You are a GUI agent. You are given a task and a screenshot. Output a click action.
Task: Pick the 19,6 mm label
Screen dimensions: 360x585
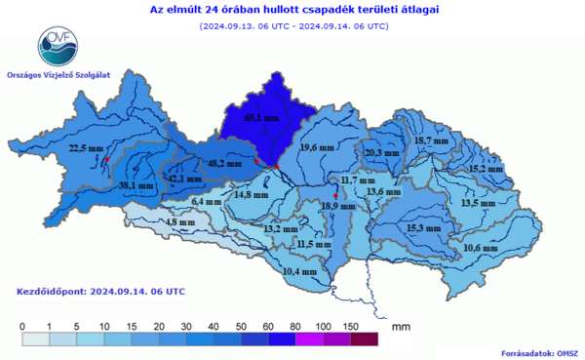316,147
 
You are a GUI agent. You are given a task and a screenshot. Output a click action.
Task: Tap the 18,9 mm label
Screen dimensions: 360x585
337,206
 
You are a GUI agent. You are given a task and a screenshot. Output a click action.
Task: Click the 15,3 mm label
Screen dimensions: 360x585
423,227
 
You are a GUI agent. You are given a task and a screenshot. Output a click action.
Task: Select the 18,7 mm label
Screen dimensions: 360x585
432,141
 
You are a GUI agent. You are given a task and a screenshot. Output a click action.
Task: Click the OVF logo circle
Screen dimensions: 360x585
56,44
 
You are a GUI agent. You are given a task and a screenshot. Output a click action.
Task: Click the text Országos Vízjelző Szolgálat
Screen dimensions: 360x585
57,74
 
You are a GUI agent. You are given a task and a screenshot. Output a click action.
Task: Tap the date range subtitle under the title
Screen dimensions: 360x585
292,26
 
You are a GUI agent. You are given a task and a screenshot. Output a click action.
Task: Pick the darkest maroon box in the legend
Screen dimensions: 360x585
364,339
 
